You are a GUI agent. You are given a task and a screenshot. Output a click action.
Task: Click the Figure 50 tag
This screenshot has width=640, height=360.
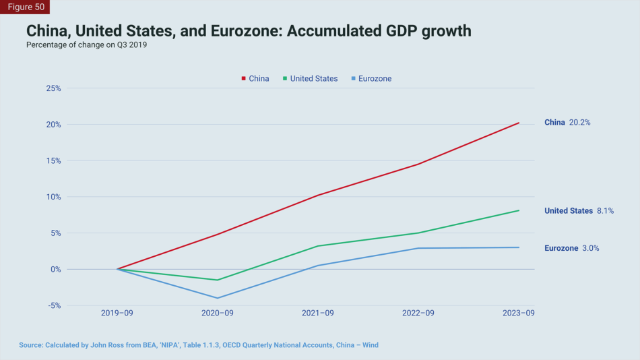click(25, 7)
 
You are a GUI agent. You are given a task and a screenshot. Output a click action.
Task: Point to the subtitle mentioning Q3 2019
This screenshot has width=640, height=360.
click(86, 45)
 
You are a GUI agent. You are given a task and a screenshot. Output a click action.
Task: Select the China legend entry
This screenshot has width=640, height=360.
click(255, 79)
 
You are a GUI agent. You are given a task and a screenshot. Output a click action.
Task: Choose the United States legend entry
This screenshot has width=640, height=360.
click(311, 79)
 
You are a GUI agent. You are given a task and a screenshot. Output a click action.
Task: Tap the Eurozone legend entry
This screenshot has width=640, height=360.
click(371, 79)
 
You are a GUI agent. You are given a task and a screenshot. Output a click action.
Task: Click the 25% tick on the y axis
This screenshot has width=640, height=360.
click(53, 88)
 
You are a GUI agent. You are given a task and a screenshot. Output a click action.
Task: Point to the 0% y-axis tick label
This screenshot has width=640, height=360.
click(55, 269)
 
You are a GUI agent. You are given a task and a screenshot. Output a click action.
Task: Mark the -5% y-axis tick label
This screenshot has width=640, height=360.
click(54, 305)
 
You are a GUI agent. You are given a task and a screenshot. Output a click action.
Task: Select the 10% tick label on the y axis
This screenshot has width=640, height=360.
click(53, 197)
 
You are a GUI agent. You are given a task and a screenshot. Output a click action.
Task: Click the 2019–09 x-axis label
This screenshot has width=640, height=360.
click(117, 313)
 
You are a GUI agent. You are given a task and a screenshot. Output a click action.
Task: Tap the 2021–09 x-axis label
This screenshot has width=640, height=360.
click(318, 313)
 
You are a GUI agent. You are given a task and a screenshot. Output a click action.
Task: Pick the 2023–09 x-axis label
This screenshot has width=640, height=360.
click(519, 313)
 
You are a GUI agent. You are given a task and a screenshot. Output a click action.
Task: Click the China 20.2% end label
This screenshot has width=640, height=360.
click(567, 123)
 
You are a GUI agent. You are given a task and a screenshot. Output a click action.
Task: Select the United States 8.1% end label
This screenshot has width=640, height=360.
click(579, 211)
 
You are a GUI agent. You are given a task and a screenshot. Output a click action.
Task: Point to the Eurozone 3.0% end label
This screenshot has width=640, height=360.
click(571, 248)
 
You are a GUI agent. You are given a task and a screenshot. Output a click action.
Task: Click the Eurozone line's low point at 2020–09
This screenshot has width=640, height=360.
click(218, 298)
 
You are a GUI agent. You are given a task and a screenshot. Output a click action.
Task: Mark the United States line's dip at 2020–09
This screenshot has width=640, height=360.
click(218, 280)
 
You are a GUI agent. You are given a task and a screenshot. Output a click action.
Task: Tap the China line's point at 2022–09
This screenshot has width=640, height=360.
click(418, 164)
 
